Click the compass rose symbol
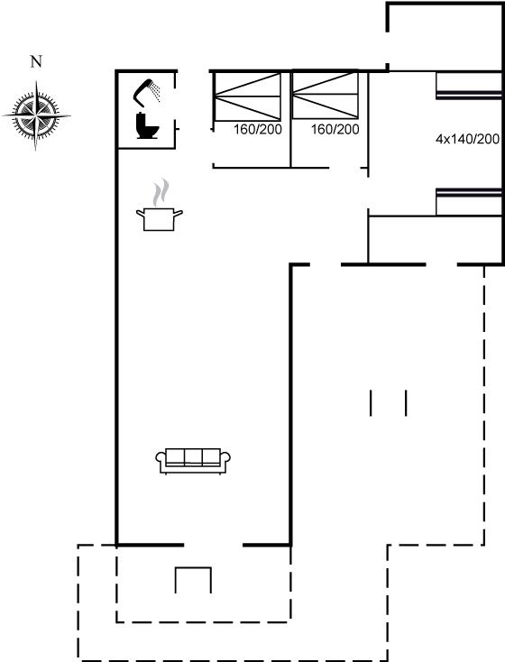(x=36, y=115)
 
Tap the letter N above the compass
(x=36, y=61)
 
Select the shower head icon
(x=146, y=90)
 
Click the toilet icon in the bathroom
(x=147, y=125)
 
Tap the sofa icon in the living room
(x=193, y=461)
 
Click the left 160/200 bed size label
(x=258, y=130)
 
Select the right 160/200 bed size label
(x=335, y=130)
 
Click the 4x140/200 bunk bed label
(x=467, y=139)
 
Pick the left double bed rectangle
(x=247, y=97)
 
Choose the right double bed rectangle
(x=326, y=96)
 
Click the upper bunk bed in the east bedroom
(x=468, y=86)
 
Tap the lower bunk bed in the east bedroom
(x=468, y=202)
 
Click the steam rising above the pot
(x=161, y=192)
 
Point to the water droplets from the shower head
(x=156, y=92)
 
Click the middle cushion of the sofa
(x=193, y=456)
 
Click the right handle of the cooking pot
(x=179, y=213)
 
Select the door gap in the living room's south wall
(x=213, y=545)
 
